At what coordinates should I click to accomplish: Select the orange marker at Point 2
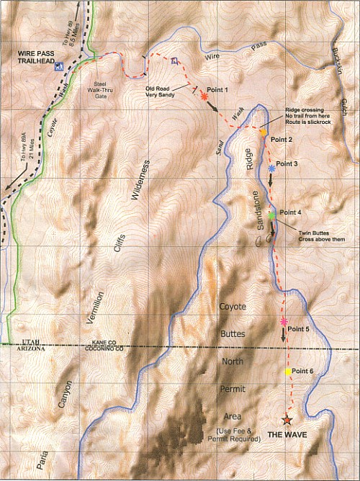[264, 132]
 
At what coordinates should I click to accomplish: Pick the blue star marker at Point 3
[271, 168]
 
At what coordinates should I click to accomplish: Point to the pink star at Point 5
[284, 321]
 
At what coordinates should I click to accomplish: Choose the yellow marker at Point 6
[288, 372]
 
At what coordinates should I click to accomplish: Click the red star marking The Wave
[287, 420]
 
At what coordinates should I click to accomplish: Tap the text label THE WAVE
[287, 436]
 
